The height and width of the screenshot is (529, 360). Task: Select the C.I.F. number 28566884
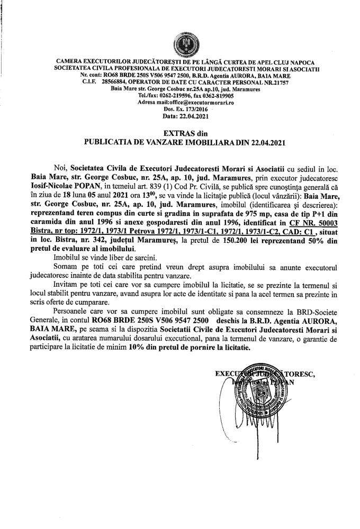point(119,82)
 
